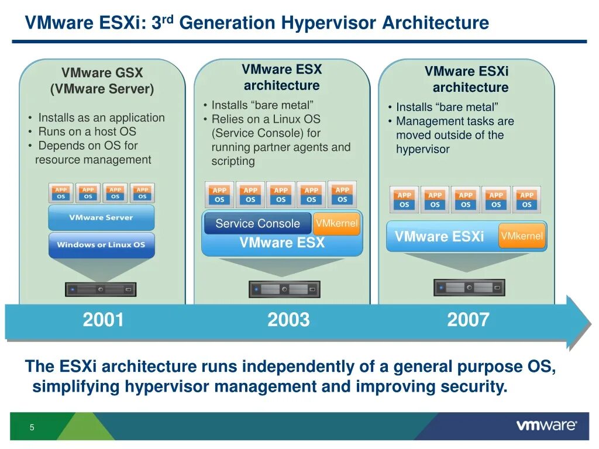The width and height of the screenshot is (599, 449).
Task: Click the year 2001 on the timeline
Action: (104, 320)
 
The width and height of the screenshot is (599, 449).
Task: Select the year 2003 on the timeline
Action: (288, 320)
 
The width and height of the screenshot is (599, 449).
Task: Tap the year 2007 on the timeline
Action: (468, 320)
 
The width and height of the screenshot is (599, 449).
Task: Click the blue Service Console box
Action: (257, 223)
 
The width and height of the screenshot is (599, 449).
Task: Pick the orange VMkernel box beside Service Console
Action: (336, 223)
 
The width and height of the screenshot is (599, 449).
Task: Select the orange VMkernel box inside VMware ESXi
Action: (522, 236)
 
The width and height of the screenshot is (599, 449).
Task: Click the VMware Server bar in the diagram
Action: (101, 217)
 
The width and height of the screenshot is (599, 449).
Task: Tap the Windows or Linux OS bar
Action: (101, 245)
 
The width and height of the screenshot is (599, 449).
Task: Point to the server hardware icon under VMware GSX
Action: (101, 289)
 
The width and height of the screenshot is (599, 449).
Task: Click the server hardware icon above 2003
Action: (285, 289)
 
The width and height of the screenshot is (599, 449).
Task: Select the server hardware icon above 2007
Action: (469, 288)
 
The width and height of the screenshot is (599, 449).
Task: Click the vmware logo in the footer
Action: (546, 426)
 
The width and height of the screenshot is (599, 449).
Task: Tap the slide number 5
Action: (32, 427)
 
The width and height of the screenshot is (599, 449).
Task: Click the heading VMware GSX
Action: (102, 73)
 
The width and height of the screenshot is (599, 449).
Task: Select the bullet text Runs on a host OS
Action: (87, 132)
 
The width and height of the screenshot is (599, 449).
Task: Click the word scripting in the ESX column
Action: (233, 161)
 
